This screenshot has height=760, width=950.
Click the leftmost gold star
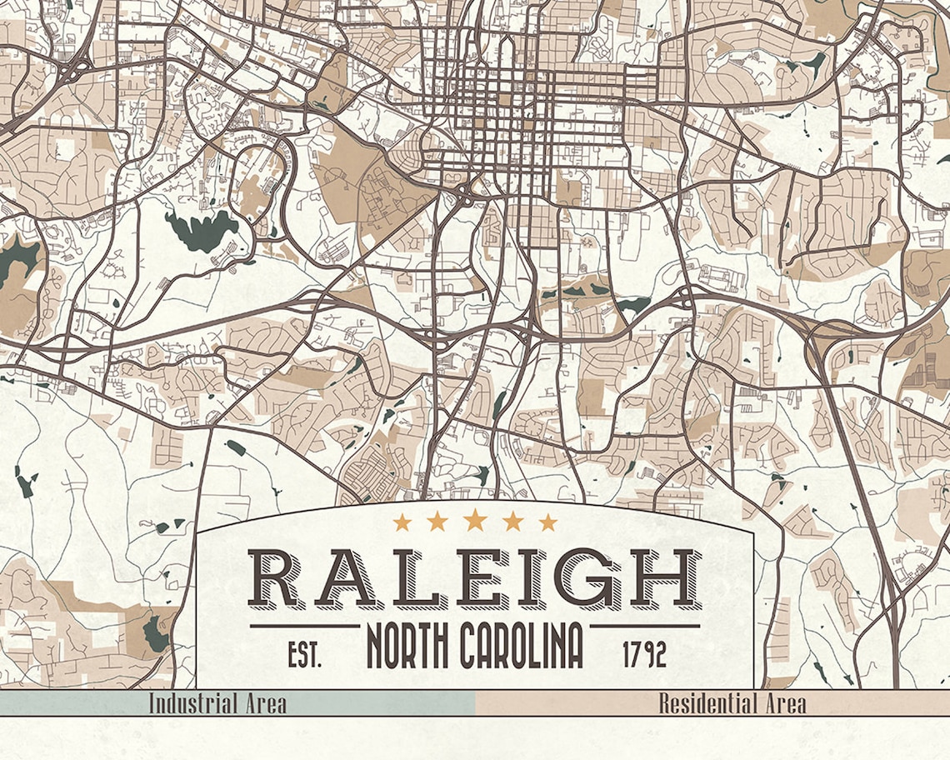click(x=402, y=522)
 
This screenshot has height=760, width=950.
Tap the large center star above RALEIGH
click(x=475, y=520)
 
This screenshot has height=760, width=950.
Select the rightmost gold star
click(x=547, y=522)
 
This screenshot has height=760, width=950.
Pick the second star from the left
click(x=437, y=522)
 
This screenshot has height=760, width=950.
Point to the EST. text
click(x=304, y=655)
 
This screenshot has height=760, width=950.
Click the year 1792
click(x=645, y=655)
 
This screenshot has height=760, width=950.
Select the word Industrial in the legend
click(x=190, y=703)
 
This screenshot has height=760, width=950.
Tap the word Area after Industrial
click(x=263, y=703)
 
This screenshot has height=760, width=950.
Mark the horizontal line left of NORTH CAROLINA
click(x=304, y=625)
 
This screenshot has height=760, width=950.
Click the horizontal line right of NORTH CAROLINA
click(x=645, y=625)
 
